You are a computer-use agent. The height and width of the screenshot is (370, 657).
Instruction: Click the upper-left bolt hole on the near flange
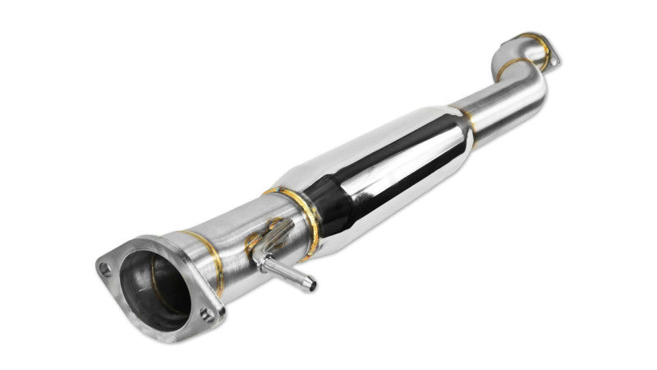103,266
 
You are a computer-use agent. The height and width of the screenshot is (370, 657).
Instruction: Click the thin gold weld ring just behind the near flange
205,247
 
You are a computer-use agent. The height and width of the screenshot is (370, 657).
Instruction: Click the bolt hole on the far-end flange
553,59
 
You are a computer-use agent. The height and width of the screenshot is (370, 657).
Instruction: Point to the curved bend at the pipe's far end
530,82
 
